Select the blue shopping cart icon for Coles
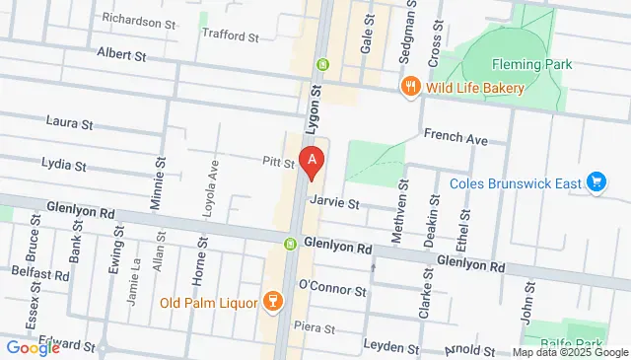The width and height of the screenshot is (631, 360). pos(595,182)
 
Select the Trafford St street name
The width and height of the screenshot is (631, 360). pos(229,36)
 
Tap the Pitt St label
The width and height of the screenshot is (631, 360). pos(278,163)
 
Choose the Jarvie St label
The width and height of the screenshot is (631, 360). pos(333,201)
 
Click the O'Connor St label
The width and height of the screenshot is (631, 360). pos(332,291)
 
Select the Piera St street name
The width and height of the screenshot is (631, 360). pos(315,327)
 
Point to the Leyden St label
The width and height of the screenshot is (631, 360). pos(391,347)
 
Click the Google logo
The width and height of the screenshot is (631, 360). pos(33,347)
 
